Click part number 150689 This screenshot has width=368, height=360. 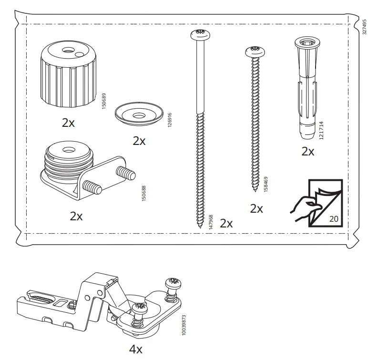click(104, 101)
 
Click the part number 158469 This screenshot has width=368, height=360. click(266, 185)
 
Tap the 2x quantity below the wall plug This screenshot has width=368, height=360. click(308, 152)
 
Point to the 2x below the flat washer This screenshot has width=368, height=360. click(139, 141)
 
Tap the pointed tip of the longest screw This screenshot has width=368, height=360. click(198, 226)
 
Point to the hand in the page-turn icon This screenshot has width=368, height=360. click(301, 210)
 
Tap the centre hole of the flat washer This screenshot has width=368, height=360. click(138, 114)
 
